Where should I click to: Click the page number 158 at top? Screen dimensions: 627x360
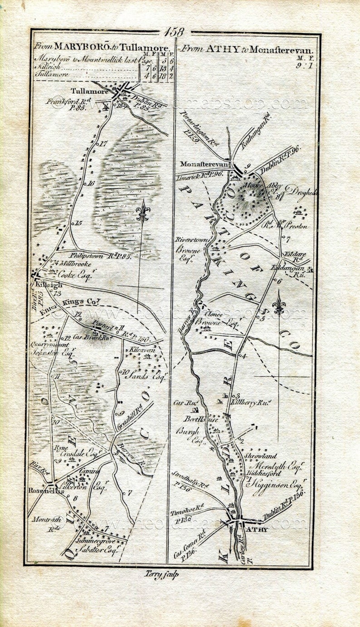tap(175, 32)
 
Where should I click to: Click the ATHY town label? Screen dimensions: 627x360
tap(257, 529)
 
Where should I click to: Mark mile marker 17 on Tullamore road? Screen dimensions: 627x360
tap(102, 143)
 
